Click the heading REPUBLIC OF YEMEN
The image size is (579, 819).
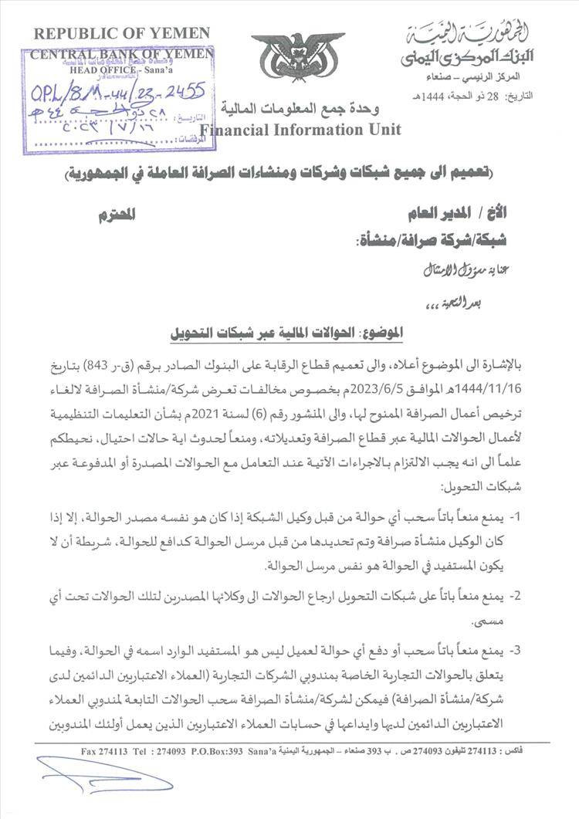coord(120,32)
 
